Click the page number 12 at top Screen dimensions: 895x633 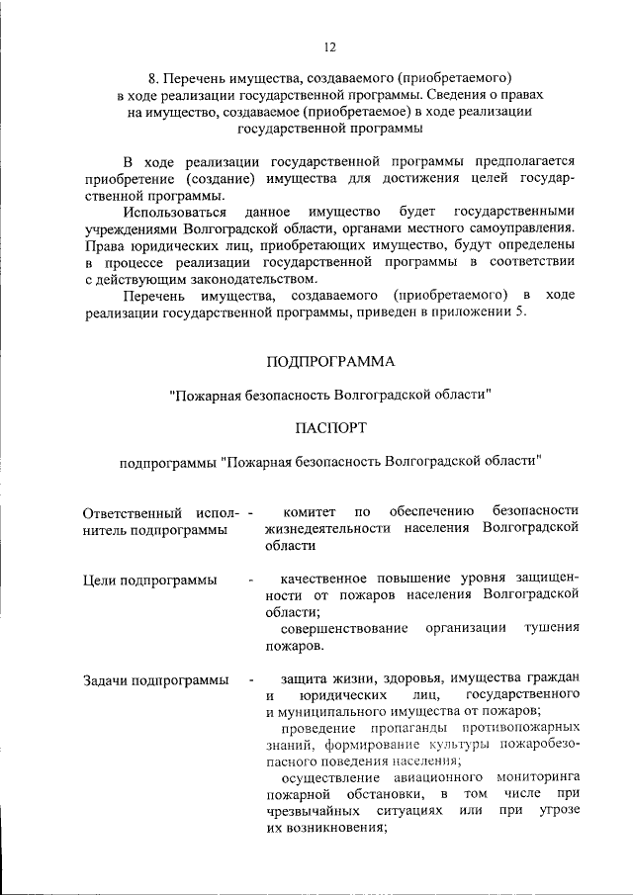(330, 45)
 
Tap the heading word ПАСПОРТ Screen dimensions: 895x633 (330, 427)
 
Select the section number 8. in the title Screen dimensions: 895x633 (152, 76)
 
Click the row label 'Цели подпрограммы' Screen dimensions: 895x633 (149, 580)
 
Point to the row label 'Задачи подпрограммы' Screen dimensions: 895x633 (156, 679)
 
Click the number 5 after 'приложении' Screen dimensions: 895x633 (524, 313)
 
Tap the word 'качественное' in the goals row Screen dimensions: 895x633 (325, 578)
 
